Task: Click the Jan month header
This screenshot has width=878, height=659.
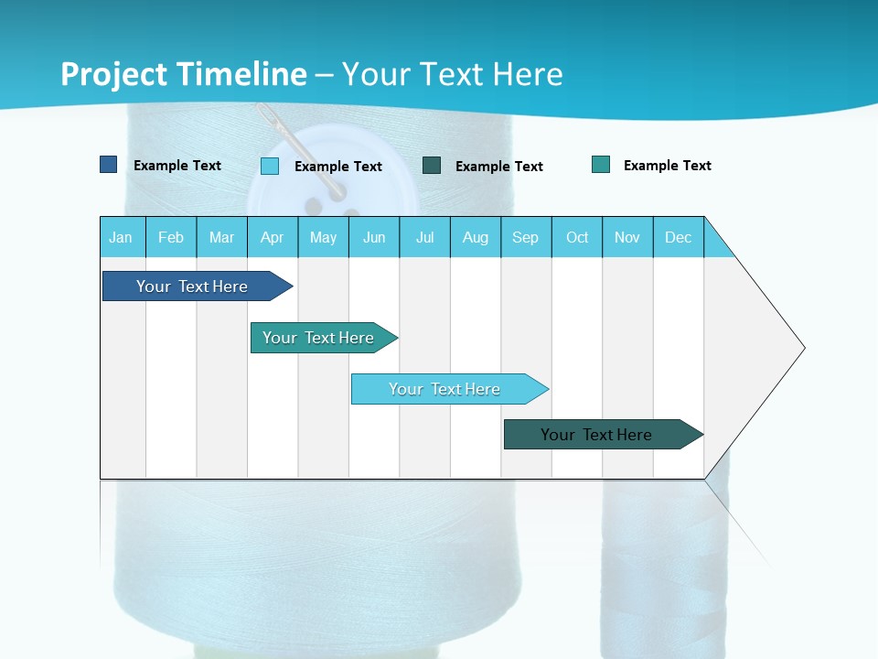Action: tap(122, 237)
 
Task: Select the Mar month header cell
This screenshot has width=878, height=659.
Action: tap(221, 237)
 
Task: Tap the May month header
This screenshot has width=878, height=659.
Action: tap(323, 237)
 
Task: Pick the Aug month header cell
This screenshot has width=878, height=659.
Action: tap(475, 237)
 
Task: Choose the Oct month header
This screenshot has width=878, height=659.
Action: tap(577, 237)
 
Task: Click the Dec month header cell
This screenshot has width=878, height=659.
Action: tap(678, 237)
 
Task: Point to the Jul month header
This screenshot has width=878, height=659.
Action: tap(424, 237)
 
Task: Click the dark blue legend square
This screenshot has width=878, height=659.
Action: tap(108, 165)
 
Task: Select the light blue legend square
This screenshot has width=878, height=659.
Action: tap(270, 166)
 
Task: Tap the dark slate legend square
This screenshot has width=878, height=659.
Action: tap(432, 166)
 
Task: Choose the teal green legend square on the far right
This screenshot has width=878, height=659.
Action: tap(601, 165)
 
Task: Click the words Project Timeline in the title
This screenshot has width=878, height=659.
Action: tap(183, 74)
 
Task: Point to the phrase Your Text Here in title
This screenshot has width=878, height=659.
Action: tap(452, 74)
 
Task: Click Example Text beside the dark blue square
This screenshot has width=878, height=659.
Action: tap(177, 166)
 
